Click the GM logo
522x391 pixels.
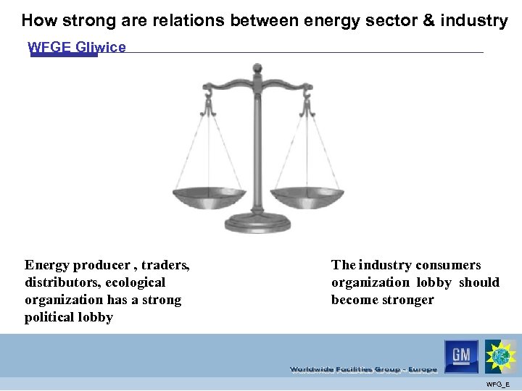pos(461,356)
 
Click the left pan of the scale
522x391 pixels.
pos(210,195)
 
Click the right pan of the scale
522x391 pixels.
pos(303,195)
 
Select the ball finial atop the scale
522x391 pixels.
pos(257,69)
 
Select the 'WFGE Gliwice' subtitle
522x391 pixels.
pos(76,48)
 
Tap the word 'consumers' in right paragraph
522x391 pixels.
pos(447,265)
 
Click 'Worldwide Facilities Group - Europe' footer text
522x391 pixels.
pos(363,369)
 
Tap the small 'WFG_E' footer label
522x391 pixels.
pos(497,384)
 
